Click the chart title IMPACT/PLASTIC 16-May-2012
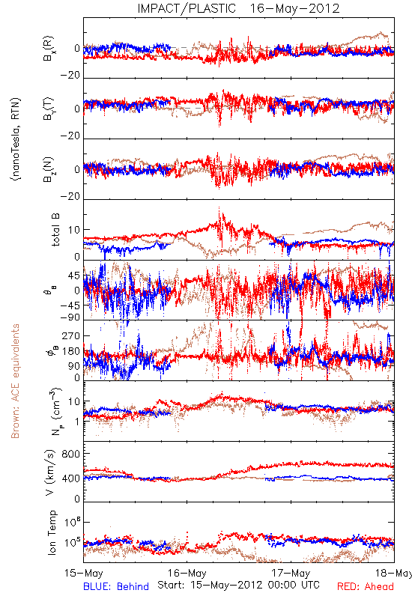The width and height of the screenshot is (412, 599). coord(238,8)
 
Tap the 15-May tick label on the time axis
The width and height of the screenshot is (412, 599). coord(84,573)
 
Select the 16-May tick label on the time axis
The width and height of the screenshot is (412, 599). coord(187,573)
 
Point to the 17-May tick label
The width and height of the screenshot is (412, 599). coord(291,573)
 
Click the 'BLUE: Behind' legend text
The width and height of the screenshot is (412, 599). coord(116,586)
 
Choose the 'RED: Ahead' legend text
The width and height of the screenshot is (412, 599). coord(366,586)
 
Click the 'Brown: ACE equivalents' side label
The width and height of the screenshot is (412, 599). coord(15,381)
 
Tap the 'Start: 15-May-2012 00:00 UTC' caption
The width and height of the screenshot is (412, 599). coord(238,585)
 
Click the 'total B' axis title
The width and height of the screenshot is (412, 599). coord(55,229)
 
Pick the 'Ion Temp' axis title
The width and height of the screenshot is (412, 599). coord(52,532)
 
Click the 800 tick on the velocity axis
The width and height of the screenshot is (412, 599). coord(71,454)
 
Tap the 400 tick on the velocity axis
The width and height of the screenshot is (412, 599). coord(71,478)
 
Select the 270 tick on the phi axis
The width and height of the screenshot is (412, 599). coord(71,335)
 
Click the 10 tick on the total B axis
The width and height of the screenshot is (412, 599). coord(74,230)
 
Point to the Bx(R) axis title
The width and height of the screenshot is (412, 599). coord(49,49)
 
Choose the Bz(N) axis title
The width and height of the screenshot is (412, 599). coord(49,169)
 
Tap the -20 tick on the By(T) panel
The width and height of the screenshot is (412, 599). coord(70,136)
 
